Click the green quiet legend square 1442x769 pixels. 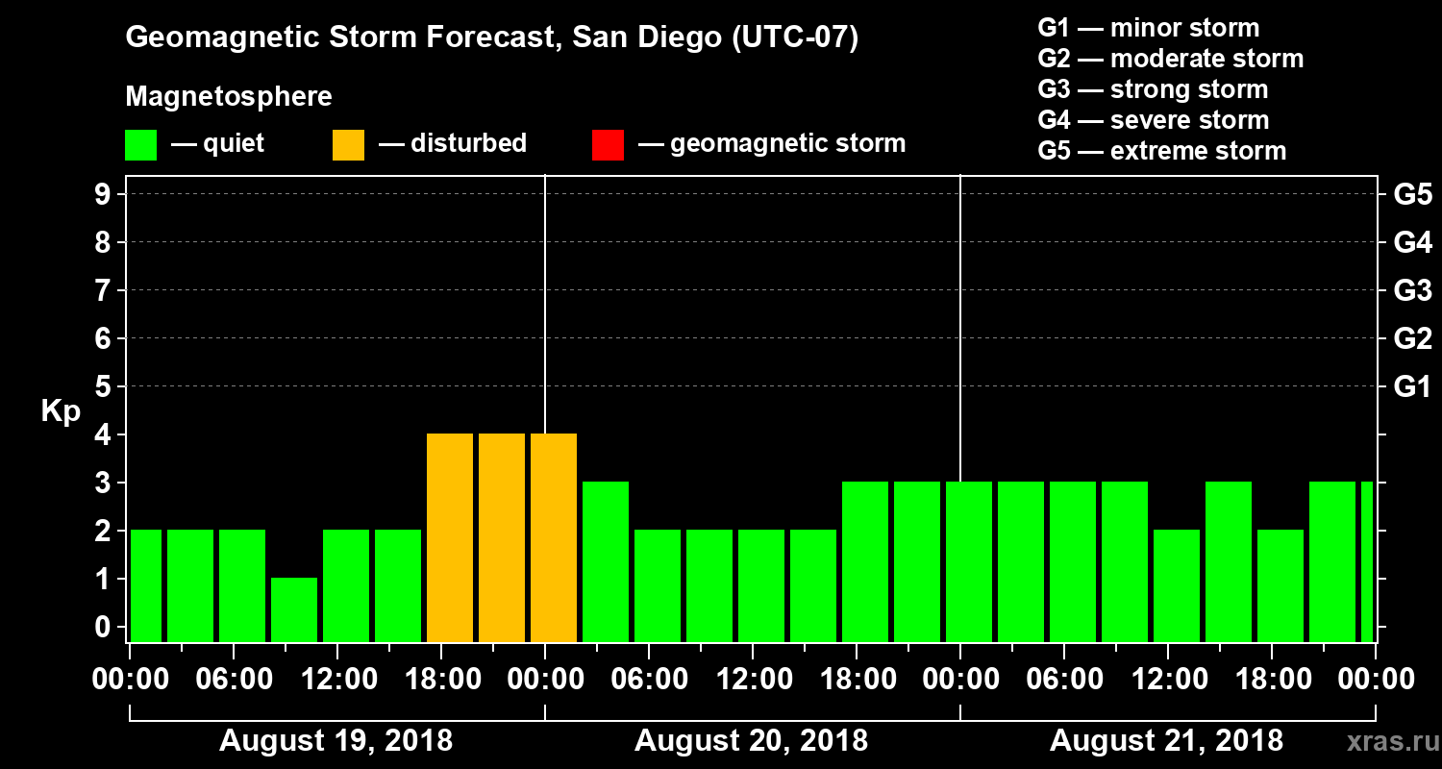tap(140, 144)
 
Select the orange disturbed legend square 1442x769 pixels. tap(348, 144)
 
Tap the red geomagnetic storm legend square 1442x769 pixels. tap(608, 144)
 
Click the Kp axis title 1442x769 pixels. tap(61, 410)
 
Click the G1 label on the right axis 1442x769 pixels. tap(1412, 386)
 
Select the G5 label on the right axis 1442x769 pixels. tap(1412, 194)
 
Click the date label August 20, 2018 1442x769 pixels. tap(751, 741)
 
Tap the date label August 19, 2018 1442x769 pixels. tap(336, 741)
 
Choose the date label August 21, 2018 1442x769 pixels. tap(1166, 741)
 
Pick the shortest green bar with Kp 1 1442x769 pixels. tap(294, 609)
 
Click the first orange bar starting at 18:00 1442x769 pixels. tap(450, 537)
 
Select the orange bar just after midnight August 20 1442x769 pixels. tap(554, 537)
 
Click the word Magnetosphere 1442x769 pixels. tap(229, 97)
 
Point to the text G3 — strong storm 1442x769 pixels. tap(1153, 89)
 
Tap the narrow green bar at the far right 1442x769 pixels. tap(1367, 561)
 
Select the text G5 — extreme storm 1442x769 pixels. tap(1161, 151)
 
